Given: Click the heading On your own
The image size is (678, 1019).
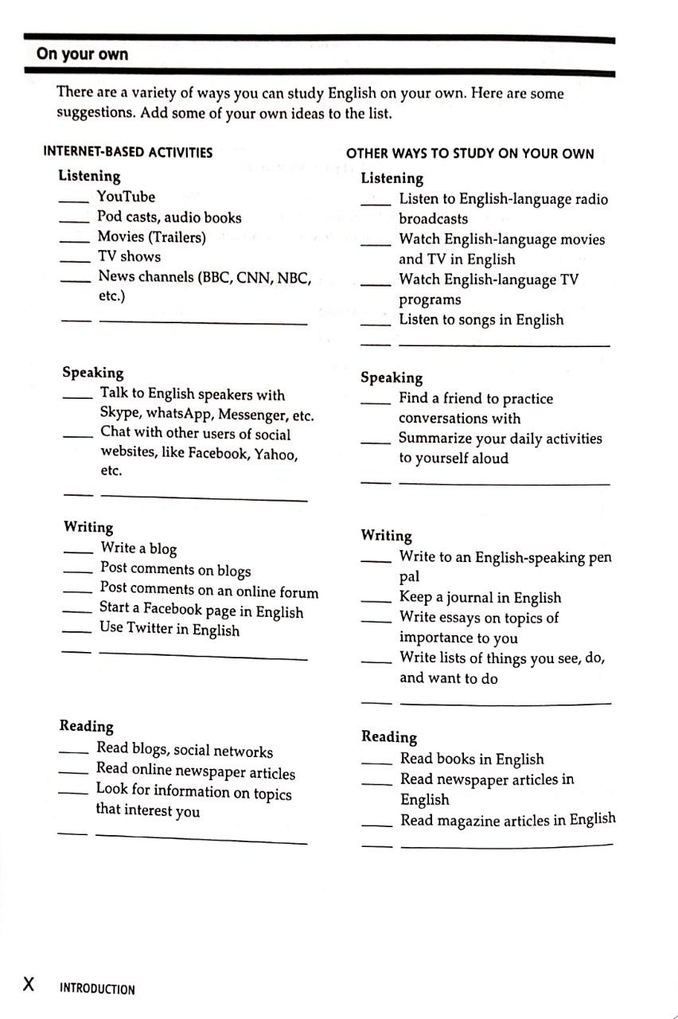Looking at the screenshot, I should [82, 55].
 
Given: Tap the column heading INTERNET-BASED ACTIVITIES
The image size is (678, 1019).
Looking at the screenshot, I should [127, 152].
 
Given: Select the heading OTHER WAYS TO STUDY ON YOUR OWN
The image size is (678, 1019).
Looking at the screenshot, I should [470, 154].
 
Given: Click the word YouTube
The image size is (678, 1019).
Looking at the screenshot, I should [126, 197].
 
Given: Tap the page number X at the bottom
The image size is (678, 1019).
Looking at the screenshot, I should [29, 984].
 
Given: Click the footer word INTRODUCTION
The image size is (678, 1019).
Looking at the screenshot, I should [97, 990].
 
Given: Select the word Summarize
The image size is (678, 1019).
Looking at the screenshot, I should [436, 439].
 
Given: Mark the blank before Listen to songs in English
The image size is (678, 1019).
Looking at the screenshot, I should [375, 323].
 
